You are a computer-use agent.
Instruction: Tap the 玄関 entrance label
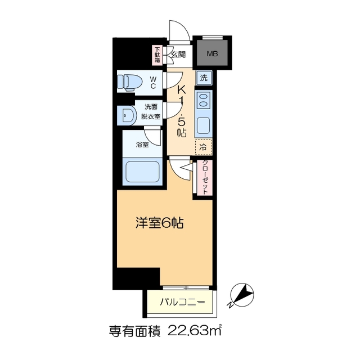coord(178,55)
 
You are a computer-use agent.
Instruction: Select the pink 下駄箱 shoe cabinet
coord(158,55)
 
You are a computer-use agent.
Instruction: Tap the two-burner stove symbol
coord(202,102)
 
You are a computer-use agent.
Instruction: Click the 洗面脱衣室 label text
coord(151,112)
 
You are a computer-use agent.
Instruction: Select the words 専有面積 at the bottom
coord(132,331)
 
